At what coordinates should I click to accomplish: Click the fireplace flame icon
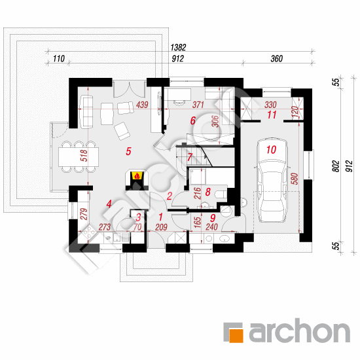(137, 176)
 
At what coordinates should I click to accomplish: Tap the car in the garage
(272, 180)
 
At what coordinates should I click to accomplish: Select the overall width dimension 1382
(178, 47)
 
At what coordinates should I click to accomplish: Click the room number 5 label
(128, 151)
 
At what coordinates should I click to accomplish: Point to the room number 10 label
(271, 150)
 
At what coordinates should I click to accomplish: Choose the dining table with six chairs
(79, 157)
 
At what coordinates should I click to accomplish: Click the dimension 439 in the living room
(142, 105)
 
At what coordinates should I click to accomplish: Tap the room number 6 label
(193, 120)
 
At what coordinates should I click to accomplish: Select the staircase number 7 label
(190, 157)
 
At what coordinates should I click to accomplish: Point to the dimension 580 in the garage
(295, 179)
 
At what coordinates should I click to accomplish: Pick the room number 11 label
(272, 115)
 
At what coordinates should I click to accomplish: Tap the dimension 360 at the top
(276, 58)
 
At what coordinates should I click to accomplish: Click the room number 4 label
(109, 204)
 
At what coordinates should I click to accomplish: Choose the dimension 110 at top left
(59, 58)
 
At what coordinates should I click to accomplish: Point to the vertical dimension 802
(336, 166)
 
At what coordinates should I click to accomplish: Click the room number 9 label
(213, 218)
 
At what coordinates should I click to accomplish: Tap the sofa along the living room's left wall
(86, 111)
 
